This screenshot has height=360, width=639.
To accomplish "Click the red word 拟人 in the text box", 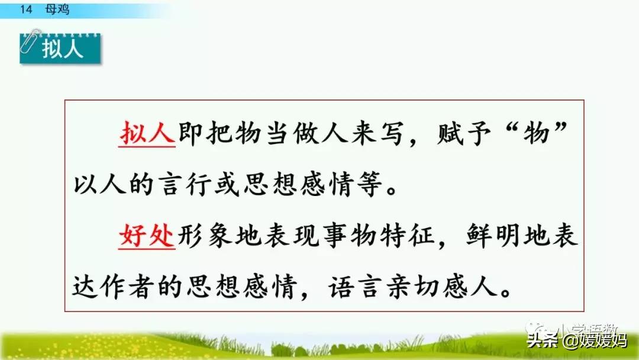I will pos(147,134).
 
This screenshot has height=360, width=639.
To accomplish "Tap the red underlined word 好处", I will pos(146,237).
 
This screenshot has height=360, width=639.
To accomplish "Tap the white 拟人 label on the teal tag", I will pos(63,50).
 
